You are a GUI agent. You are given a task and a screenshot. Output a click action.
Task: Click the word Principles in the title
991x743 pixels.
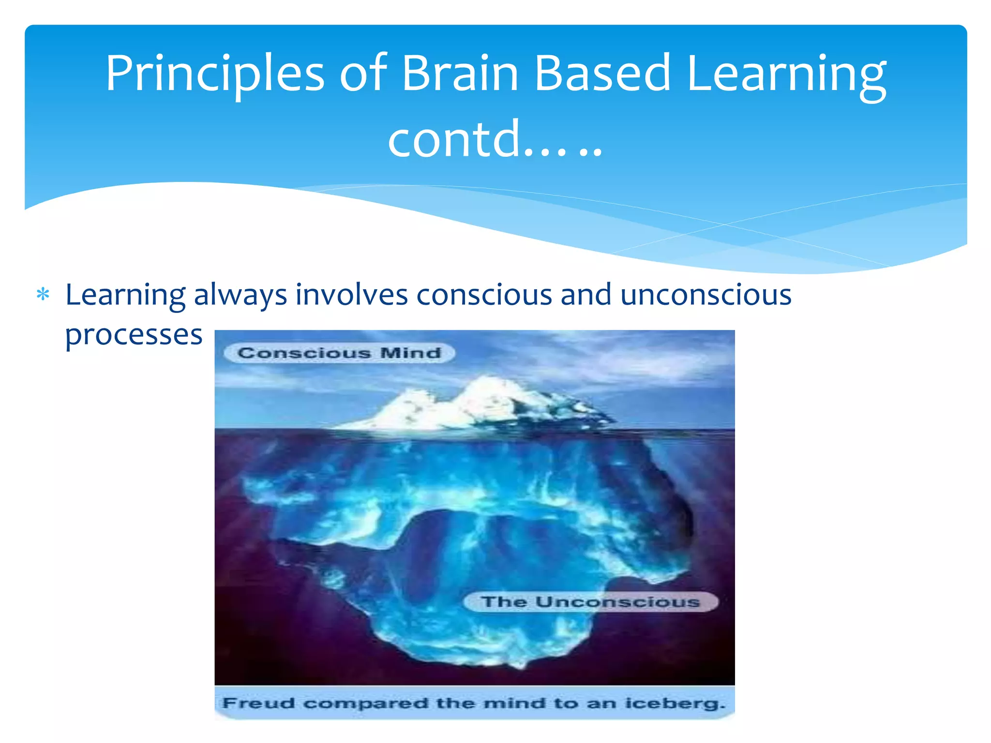coord(215,74)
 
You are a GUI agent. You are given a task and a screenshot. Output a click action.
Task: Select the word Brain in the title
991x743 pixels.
coord(460,73)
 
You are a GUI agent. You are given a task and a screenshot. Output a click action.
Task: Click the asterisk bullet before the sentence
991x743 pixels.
coord(43,295)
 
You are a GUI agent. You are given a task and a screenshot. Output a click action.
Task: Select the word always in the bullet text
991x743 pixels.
coord(240,296)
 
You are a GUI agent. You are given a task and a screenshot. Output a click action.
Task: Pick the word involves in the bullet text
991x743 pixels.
coord(352,295)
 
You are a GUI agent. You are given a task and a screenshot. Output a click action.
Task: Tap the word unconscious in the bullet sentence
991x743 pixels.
coord(706,295)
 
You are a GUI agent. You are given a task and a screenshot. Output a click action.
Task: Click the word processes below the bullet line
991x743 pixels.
coord(134,335)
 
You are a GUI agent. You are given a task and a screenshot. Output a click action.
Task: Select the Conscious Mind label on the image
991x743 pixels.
coord(339,353)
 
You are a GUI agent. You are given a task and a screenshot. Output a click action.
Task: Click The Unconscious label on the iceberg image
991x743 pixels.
coord(590,602)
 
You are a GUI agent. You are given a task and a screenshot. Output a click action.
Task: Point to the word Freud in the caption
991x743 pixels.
coord(258,703)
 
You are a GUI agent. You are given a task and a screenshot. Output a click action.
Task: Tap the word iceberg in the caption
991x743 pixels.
coord(675,703)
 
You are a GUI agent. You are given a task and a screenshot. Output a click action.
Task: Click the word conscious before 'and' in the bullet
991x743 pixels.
coord(484,295)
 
